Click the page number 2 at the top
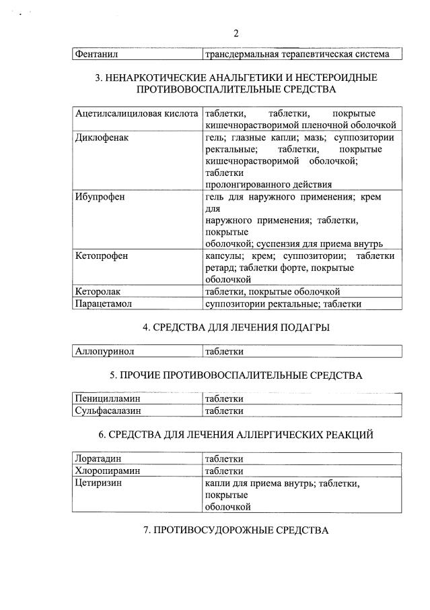tap(236, 33)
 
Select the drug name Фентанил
tap(96, 54)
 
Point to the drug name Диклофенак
tap(102, 138)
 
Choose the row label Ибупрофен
tap(100, 197)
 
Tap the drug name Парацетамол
tap(104, 304)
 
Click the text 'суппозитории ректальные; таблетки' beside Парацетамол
tap(283, 304)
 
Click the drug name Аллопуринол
tap(105, 351)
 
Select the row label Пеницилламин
tap(108, 399)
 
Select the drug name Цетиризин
tap(100, 483)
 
